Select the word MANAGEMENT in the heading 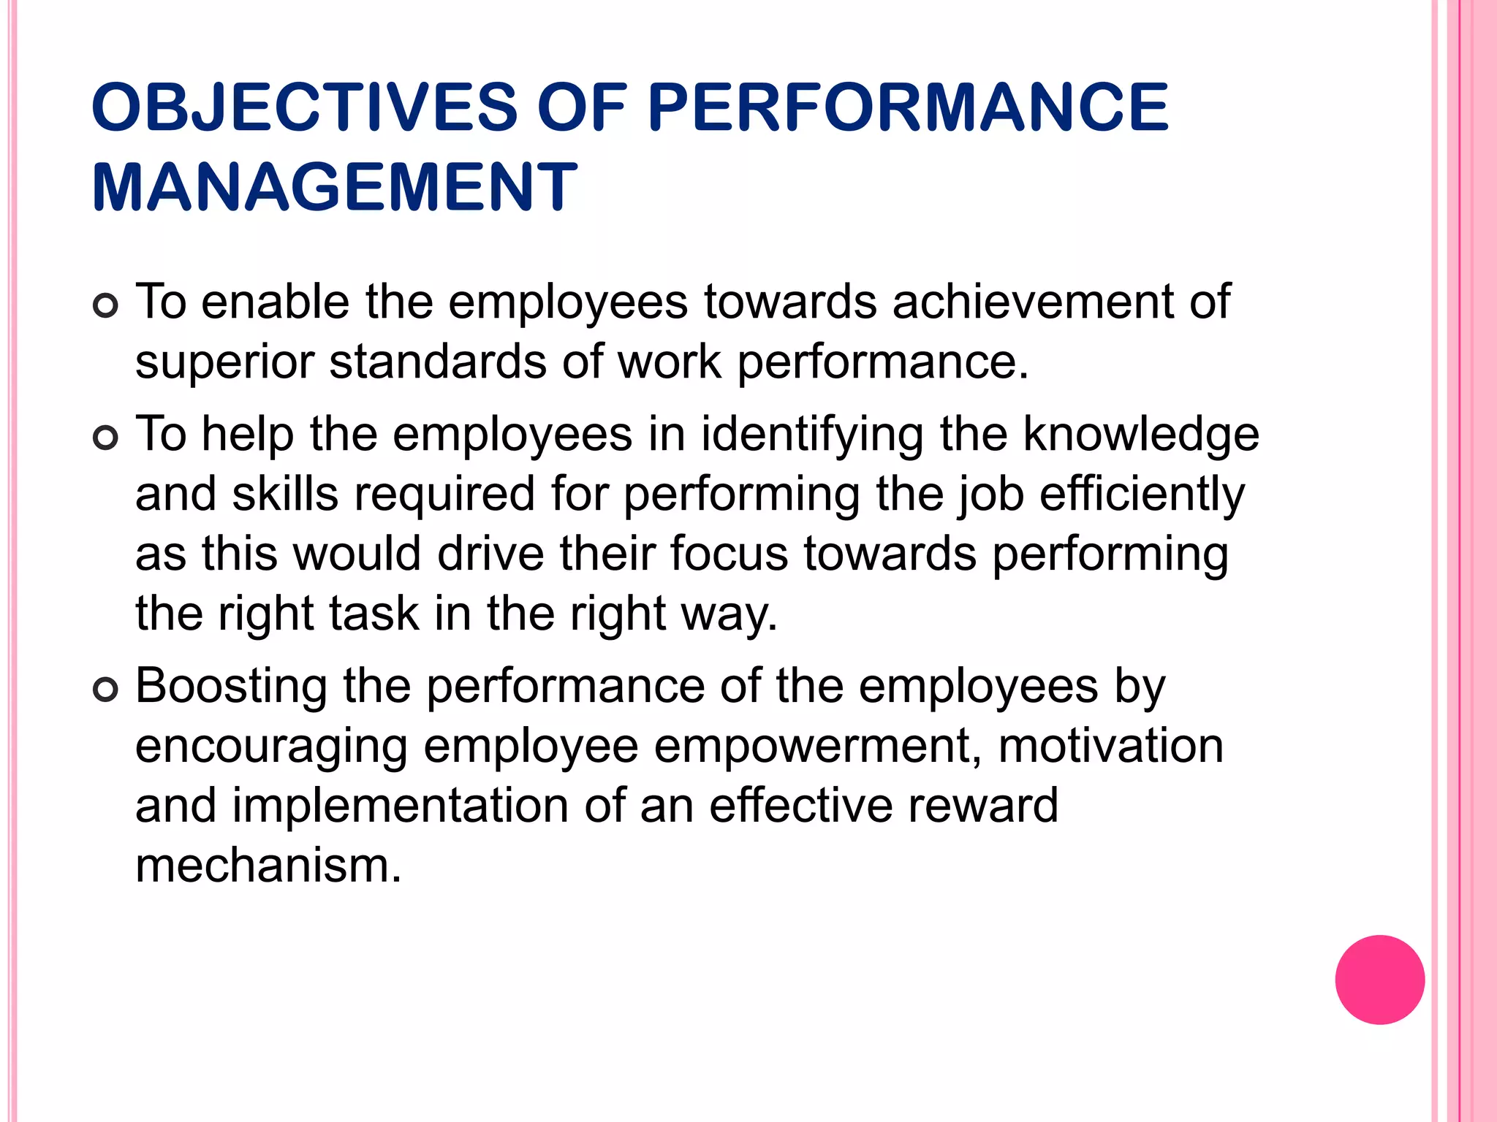[335, 187]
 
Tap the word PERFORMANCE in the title [908, 107]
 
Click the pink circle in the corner [1379, 980]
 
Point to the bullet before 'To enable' [106, 306]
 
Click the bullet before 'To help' [106, 438]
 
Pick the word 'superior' [224, 363]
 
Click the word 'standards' [437, 362]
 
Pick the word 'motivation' [1110, 747]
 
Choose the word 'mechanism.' [268, 866]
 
